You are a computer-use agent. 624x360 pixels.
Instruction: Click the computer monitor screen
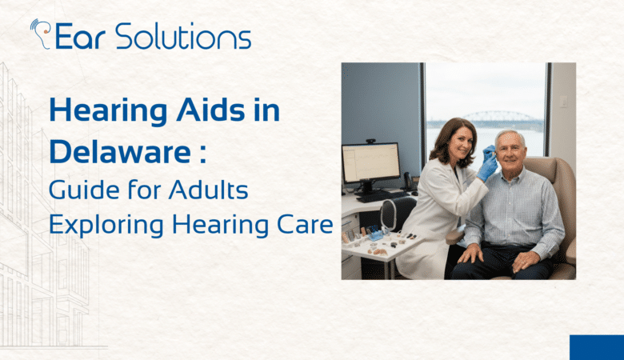click(370, 163)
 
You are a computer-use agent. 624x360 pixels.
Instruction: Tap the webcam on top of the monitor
click(371, 141)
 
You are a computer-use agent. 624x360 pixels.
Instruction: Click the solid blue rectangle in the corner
click(596, 347)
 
